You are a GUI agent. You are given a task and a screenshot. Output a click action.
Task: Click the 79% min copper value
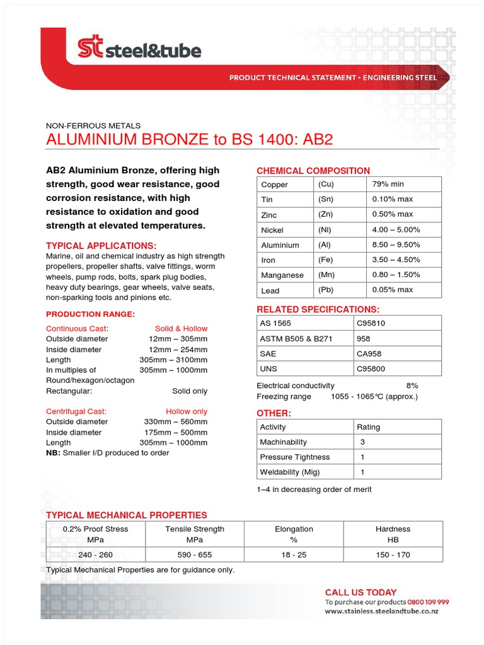[x=388, y=184]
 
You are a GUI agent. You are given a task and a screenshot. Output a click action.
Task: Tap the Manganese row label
[x=282, y=275]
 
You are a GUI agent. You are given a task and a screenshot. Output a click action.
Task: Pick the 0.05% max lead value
[x=392, y=290]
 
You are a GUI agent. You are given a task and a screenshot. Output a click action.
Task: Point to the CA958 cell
[x=369, y=354]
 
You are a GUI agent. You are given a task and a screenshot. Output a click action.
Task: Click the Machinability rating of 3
[x=362, y=442]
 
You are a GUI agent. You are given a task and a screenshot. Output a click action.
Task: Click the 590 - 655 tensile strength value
[x=195, y=555]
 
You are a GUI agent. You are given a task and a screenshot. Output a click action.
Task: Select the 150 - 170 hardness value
[x=393, y=555]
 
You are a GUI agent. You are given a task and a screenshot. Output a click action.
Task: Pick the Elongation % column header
[x=294, y=534]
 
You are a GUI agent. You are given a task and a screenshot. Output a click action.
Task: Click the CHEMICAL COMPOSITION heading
[x=313, y=171]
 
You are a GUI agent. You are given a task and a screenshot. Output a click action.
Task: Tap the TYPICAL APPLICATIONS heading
[x=101, y=246]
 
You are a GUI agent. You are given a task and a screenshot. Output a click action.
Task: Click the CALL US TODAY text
[x=360, y=592]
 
